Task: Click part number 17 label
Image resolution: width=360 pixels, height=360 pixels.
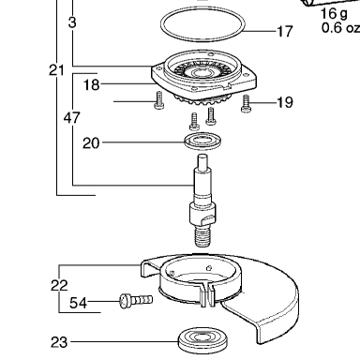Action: (x=285, y=32)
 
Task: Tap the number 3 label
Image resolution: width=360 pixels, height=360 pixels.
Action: (x=72, y=22)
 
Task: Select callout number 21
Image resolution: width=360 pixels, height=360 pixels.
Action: (x=56, y=70)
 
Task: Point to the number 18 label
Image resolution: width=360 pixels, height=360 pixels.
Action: (x=91, y=84)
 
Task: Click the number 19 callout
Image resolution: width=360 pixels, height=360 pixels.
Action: (x=285, y=102)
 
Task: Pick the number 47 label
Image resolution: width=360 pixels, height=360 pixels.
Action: (x=72, y=118)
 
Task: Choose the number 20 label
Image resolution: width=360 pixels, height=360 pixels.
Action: (x=91, y=143)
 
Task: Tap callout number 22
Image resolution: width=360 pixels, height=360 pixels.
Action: (x=59, y=285)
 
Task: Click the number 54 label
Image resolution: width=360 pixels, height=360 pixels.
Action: (x=78, y=303)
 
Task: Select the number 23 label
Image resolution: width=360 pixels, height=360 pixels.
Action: (x=59, y=342)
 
